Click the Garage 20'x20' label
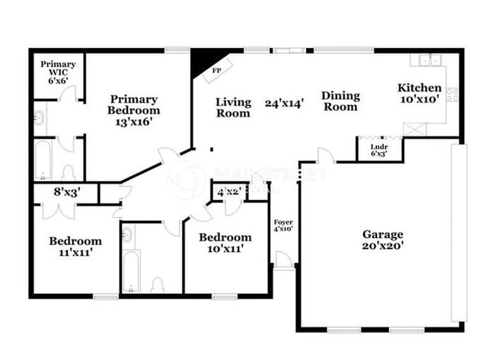[382, 240]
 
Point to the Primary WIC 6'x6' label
[58, 72]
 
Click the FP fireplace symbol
[216, 71]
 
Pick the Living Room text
[233, 107]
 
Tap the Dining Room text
[340, 101]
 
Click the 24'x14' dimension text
[285, 103]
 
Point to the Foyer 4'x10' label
[283, 225]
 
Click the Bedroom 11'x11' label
[75, 247]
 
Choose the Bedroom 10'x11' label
[225, 242]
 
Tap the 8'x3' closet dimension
[66, 193]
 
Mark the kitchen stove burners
[452, 95]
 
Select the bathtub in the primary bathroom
[43, 161]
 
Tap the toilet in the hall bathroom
[158, 284]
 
